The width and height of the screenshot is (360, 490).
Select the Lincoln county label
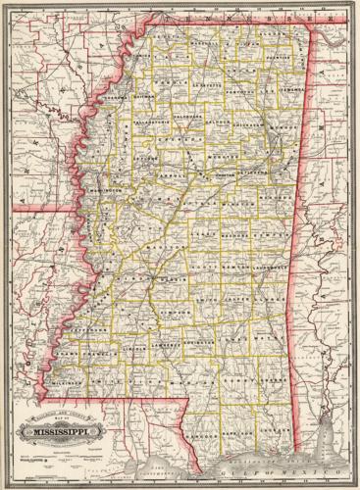tap(134, 346)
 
